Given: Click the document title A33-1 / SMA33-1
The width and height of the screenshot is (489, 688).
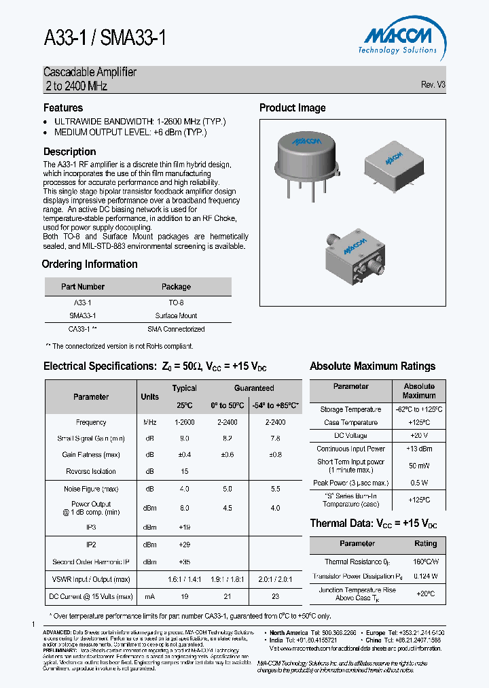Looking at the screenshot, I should pos(105,39).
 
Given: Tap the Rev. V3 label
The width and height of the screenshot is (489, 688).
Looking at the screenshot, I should pos(433,85).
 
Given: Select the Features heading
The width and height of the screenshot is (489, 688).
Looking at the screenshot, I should pos(63,107).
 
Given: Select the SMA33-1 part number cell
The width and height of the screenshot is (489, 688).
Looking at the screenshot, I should pos(83,315).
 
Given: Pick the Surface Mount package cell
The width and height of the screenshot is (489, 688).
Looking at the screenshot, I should pos(176,315).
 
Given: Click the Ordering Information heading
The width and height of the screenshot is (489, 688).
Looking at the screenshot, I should pos(90,264).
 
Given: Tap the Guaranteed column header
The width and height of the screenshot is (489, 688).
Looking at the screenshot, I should pos(254,388).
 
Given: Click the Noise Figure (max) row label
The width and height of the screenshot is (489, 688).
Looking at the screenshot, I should pos(91,489).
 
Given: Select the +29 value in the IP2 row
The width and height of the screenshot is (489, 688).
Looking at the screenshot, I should pos(184,545).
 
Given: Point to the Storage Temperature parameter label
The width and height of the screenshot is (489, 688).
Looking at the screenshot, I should pos(350,410).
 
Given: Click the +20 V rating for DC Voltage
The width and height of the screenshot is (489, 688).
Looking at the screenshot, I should pos(418,436).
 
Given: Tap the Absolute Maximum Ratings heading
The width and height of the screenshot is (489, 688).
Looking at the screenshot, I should pos(372,366).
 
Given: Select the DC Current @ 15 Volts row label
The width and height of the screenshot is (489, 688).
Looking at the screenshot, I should pos(91,596).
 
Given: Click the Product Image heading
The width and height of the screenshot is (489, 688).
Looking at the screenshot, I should pos(293,107).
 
